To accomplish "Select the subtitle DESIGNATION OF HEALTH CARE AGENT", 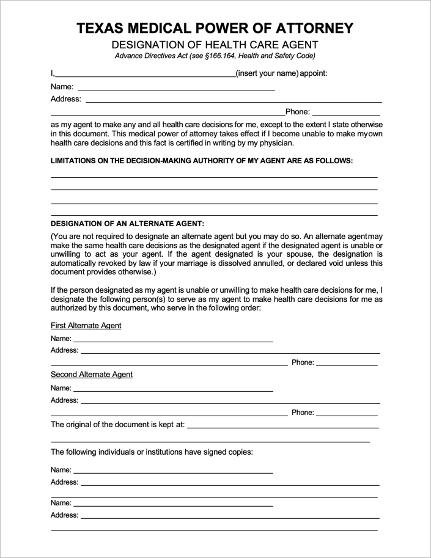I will [215, 45].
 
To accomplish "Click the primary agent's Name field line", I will [175, 87].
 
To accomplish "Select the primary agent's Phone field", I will [347, 112].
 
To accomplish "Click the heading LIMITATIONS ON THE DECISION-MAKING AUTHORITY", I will [201, 161].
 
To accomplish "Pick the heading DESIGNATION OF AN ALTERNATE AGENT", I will [127, 224].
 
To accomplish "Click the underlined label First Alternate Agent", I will [86, 326].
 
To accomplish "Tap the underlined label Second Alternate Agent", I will [91, 375].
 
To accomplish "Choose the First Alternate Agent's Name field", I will [173, 339].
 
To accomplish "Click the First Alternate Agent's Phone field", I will [347, 363].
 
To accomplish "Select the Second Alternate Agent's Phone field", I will [347, 413].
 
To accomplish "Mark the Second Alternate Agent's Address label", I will [64, 400].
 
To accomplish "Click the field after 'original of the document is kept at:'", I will [282, 425].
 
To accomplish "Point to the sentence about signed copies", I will [152, 452].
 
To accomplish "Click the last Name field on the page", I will [173, 503].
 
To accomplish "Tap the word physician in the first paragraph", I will [276, 144].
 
